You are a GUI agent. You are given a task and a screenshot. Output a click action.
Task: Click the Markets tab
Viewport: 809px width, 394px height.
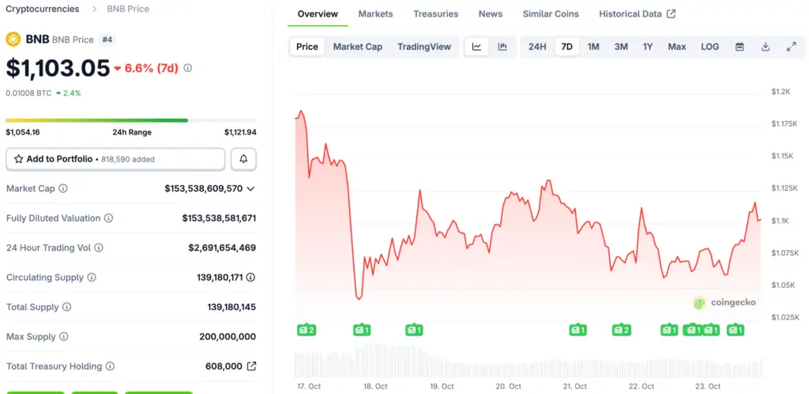pos(375,14)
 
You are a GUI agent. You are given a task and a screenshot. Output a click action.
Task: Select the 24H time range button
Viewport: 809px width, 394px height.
pos(537,47)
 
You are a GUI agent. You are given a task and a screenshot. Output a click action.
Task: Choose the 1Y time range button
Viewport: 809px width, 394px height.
pos(648,47)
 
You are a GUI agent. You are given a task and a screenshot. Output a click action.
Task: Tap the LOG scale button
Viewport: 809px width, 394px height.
pos(709,47)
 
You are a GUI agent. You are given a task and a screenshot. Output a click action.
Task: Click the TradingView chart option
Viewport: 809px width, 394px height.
pos(424,47)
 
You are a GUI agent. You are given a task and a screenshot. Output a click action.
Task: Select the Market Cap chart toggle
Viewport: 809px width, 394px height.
pos(357,47)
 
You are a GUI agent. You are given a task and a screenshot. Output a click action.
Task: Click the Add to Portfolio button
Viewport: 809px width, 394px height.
pos(115,159)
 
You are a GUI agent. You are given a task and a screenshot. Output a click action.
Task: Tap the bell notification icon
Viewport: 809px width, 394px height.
pos(243,159)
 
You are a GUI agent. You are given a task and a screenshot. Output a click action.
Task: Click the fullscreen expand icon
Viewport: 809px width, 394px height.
pos(791,47)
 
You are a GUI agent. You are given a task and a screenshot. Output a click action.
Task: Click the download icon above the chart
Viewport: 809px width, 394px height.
pos(766,47)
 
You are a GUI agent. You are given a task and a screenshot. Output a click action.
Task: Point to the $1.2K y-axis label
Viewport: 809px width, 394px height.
pos(781,92)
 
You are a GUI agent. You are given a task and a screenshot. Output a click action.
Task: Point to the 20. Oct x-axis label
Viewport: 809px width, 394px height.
pos(508,386)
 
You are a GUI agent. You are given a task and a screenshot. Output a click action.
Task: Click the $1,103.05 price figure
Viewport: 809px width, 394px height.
pos(58,68)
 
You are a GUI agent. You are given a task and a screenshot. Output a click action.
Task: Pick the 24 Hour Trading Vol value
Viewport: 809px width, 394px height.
pos(222,248)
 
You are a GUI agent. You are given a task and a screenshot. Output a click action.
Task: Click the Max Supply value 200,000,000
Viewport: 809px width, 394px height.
pos(228,337)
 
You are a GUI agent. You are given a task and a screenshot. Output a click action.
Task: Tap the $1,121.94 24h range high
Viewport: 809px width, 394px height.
pos(240,132)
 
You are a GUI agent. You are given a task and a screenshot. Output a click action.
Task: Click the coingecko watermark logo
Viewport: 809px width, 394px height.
pos(724,302)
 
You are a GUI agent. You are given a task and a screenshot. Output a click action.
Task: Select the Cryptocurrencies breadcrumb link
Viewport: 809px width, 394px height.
pos(43,9)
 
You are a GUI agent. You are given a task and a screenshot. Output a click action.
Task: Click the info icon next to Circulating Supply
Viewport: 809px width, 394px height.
pos(92,278)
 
